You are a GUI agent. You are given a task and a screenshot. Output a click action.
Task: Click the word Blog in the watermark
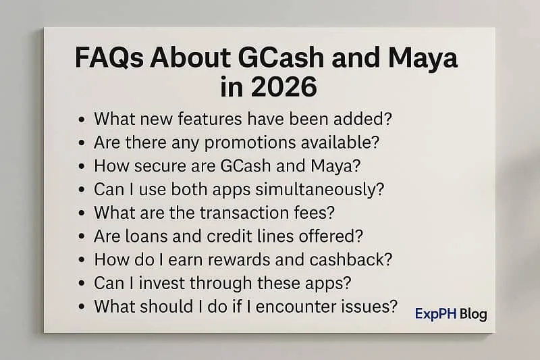[x=473, y=313]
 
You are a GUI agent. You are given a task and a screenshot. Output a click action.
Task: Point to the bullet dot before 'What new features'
[x=82, y=120]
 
